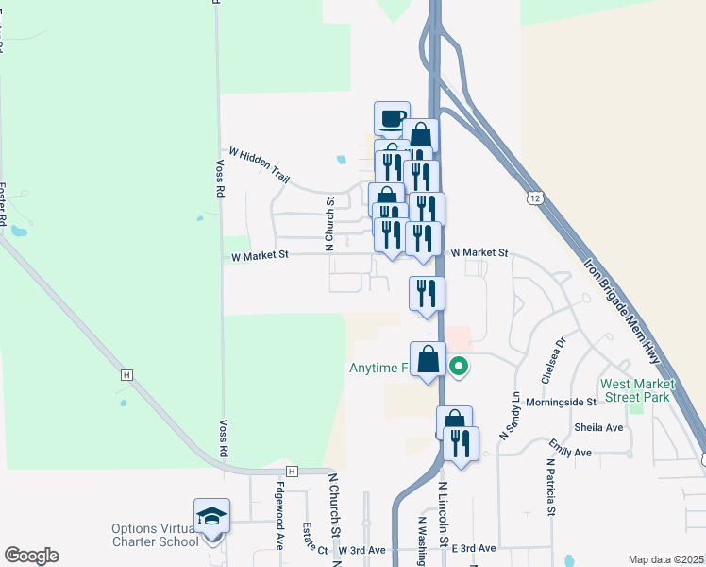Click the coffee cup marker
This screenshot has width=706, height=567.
click(x=392, y=119)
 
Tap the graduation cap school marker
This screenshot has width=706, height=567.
click(x=211, y=516)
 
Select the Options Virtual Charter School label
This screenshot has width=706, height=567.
click(x=155, y=535)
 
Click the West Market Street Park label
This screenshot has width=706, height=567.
click(x=638, y=390)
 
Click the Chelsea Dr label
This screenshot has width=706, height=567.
click(x=553, y=363)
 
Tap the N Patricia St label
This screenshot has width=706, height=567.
click(x=549, y=488)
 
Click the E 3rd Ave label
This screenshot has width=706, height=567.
click(x=473, y=548)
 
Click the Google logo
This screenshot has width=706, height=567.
click(x=31, y=556)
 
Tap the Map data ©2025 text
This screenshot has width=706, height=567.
click(x=666, y=559)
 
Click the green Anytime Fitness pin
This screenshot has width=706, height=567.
click(x=460, y=366)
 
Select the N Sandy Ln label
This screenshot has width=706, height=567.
click(x=516, y=413)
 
